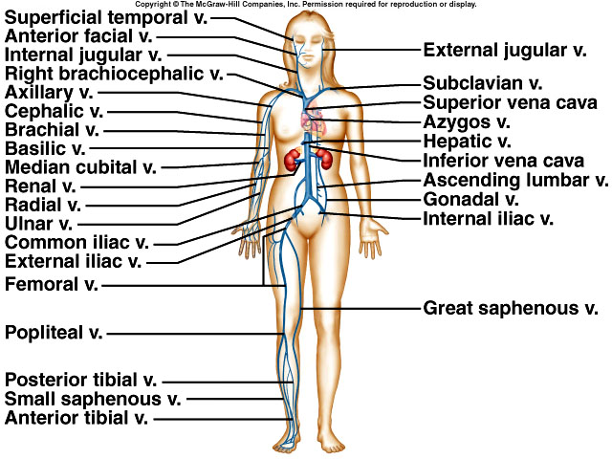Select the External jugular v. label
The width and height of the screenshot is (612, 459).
[x=505, y=48]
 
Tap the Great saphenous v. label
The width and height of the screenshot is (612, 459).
[x=511, y=308]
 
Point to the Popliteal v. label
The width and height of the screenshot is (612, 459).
[x=54, y=334]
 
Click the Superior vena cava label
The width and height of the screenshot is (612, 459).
[x=511, y=102]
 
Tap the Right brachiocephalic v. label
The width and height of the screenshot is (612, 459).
[x=114, y=74]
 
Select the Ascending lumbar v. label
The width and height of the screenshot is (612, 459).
[x=515, y=180]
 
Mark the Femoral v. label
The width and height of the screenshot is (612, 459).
[x=52, y=284]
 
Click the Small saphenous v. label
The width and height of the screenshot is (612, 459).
[x=93, y=399]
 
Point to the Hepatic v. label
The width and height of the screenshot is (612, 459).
[x=466, y=141]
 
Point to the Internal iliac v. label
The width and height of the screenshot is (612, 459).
[x=488, y=218]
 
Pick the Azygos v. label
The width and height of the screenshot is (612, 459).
[x=467, y=121]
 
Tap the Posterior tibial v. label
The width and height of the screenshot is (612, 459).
[x=81, y=380]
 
